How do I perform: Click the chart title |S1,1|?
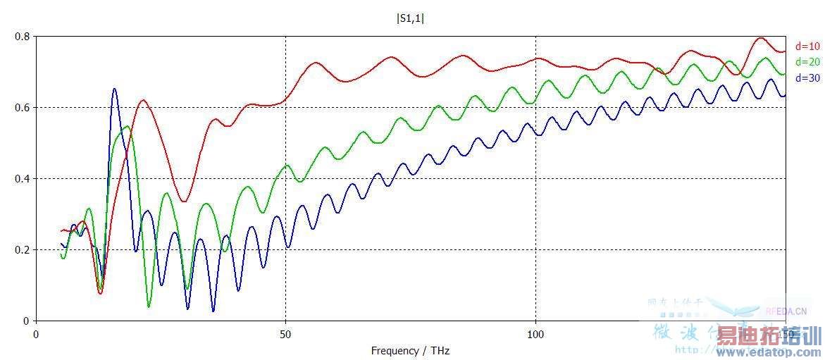[x=411, y=18]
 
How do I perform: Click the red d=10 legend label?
[x=807, y=46]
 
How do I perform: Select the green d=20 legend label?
[x=807, y=62]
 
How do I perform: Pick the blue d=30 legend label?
[x=807, y=78]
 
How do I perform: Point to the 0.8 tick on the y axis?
[x=23, y=36]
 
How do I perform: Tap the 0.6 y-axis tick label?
[x=23, y=107]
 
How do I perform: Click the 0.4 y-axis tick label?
[x=23, y=178]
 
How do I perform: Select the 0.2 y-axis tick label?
[x=23, y=249]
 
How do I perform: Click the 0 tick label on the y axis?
[x=27, y=321]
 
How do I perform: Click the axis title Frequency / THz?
[x=410, y=350]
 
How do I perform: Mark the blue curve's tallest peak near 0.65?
[x=115, y=89]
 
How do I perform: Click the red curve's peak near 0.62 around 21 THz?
[x=143, y=100]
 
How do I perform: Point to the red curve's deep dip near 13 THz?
[x=100, y=293]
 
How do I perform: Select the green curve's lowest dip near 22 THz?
[x=149, y=306]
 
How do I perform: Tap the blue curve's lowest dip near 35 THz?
[x=213, y=311]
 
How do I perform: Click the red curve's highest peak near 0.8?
[x=760, y=38]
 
